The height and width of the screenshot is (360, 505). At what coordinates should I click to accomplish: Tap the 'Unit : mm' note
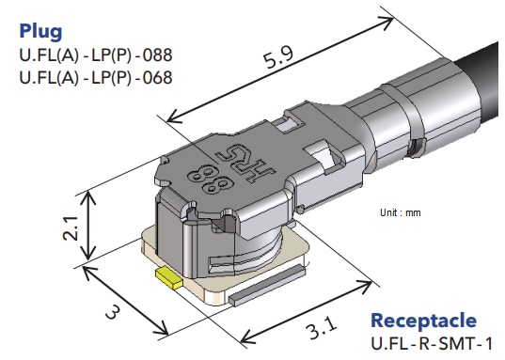tap(401, 213)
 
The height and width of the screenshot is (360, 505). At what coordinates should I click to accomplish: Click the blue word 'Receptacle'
tap(423, 321)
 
